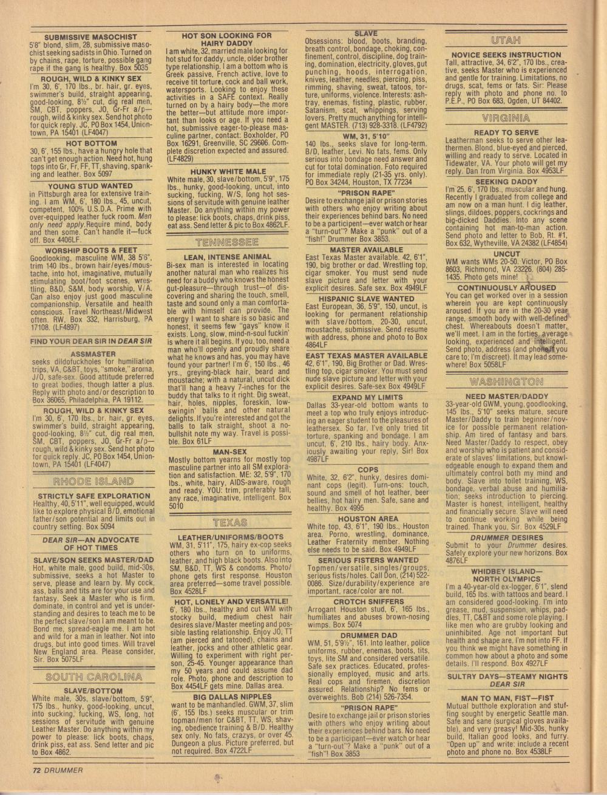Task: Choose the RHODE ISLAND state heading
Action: click(x=93, y=482)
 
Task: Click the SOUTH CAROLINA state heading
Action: click(x=93, y=677)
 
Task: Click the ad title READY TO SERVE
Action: click(x=506, y=132)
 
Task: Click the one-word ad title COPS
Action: click(x=368, y=469)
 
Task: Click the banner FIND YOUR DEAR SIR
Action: click(x=90, y=341)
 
